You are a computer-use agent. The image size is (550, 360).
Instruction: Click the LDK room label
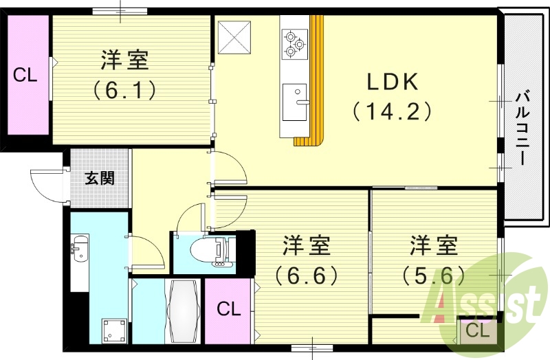(x=392, y=82)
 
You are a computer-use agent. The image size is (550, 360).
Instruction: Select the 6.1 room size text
(x=125, y=89)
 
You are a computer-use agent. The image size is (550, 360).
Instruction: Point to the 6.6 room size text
(x=307, y=275)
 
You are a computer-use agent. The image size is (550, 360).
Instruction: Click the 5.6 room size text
(x=434, y=275)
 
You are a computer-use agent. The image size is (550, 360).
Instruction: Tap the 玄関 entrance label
(x=100, y=179)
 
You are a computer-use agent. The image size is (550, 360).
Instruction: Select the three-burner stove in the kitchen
(x=294, y=43)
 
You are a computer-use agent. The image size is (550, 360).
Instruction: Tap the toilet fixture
(x=217, y=253)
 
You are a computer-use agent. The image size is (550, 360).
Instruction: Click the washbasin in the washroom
(x=79, y=248)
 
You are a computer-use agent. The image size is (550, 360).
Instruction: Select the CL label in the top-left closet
(x=25, y=76)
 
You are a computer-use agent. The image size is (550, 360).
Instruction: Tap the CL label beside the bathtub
(x=229, y=309)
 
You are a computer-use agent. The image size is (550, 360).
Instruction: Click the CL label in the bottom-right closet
(x=476, y=331)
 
